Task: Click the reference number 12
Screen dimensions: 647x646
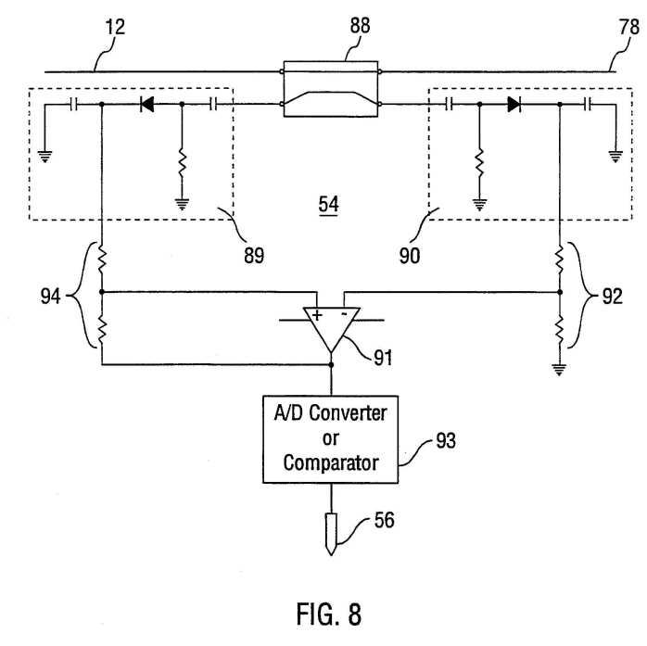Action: [115, 27]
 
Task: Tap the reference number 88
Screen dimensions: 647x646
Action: [360, 25]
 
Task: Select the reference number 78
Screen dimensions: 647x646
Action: [628, 27]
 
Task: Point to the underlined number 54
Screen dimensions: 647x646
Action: [328, 204]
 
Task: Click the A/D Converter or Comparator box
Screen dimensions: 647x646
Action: [331, 439]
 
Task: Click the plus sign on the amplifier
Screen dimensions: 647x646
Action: [317, 316]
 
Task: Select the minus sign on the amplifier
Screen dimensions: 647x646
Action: [344, 314]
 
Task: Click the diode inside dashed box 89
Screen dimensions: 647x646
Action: [146, 104]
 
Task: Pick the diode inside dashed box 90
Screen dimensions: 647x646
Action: [514, 104]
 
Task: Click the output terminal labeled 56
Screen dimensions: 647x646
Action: [331, 534]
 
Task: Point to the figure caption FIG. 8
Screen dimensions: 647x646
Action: [329, 614]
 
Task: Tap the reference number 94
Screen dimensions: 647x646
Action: [50, 297]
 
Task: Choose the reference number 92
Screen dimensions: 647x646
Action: [613, 297]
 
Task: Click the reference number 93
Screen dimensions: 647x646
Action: [446, 440]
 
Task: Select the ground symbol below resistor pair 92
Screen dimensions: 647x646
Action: [559, 370]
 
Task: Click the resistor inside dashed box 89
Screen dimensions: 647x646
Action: [182, 163]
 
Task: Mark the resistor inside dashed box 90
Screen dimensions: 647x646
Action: [479, 163]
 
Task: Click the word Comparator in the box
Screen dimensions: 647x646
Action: [331, 463]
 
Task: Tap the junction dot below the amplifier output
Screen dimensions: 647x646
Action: [331, 364]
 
